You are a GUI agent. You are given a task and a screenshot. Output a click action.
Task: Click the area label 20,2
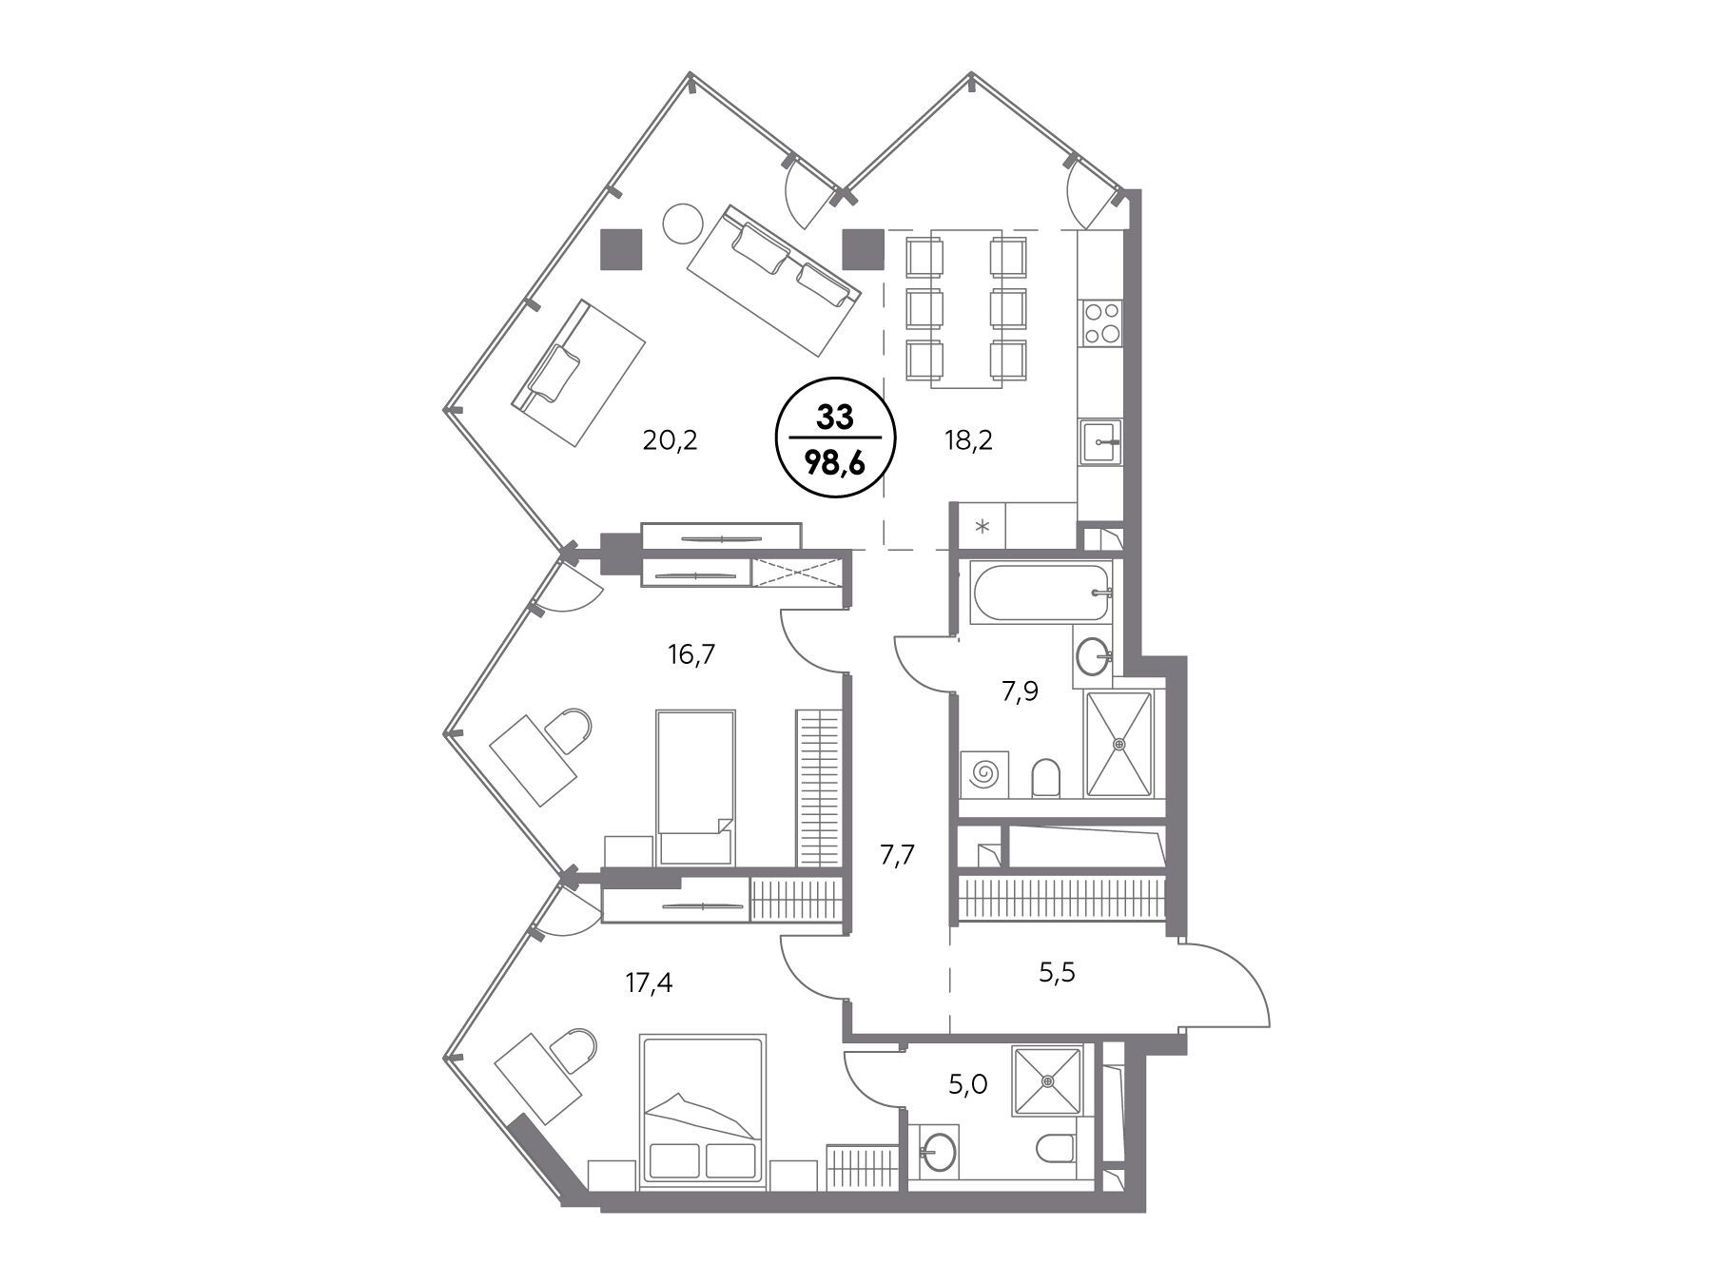pyautogui.click(x=671, y=440)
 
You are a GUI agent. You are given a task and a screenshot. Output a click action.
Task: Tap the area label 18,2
pyautogui.click(x=969, y=440)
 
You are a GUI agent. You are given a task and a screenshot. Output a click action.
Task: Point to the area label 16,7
pyautogui.click(x=691, y=654)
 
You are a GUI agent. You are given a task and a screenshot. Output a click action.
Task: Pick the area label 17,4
pyautogui.click(x=649, y=982)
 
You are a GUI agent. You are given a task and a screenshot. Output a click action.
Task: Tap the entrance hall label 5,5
pyautogui.click(x=1057, y=973)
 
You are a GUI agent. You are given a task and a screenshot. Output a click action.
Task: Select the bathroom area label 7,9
pyautogui.click(x=1020, y=692)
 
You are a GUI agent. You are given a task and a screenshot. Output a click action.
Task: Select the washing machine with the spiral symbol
pyautogui.click(x=984, y=773)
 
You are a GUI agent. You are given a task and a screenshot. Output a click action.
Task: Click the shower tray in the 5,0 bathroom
pyautogui.click(x=1048, y=1081)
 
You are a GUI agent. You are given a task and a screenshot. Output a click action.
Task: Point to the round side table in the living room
pyautogui.click(x=682, y=224)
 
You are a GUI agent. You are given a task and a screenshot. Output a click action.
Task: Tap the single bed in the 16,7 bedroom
pyautogui.click(x=696, y=788)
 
